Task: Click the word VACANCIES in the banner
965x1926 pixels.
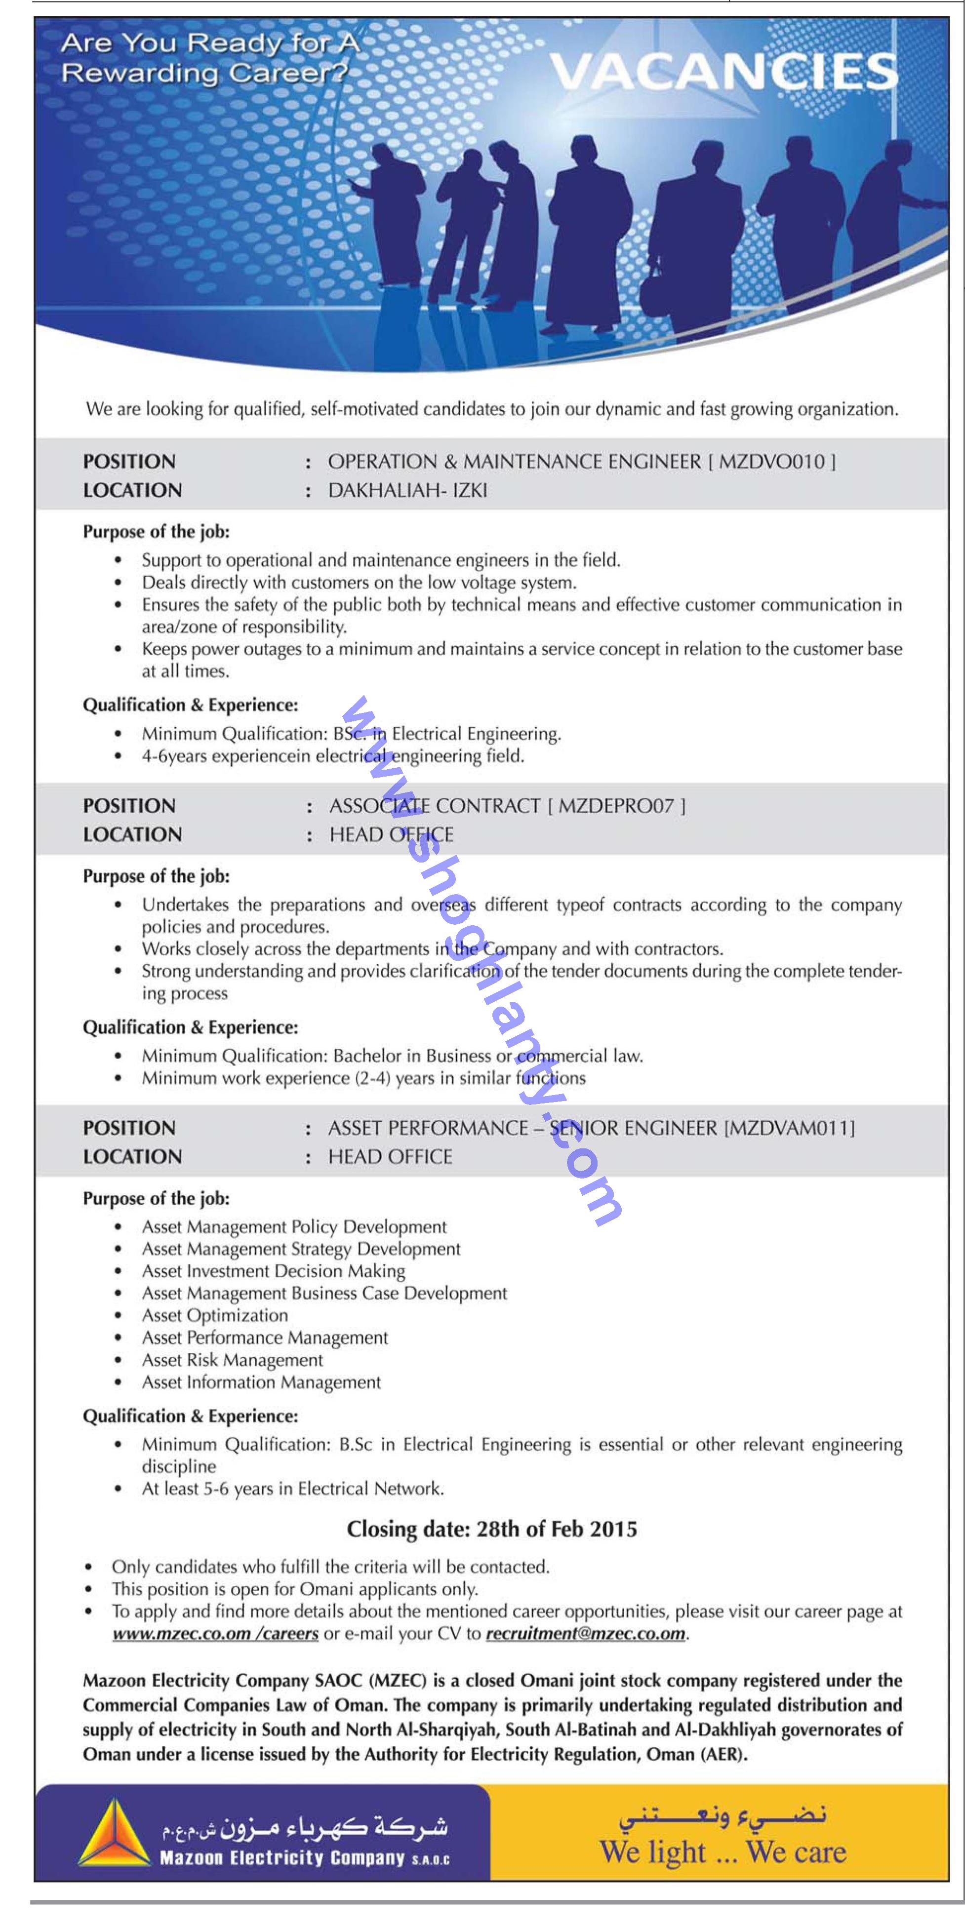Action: (724, 72)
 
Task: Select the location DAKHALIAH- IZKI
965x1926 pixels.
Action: (408, 490)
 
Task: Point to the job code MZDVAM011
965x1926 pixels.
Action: (789, 1128)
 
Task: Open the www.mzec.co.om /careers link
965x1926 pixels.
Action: (215, 1634)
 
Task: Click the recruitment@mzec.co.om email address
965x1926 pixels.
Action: (585, 1634)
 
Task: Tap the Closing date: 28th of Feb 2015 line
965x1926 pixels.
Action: (491, 1529)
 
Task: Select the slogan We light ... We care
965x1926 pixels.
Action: (723, 1851)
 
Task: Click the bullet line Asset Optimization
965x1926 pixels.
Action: (215, 1315)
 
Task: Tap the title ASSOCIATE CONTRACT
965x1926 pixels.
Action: (434, 805)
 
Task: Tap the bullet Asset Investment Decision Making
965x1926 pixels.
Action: (273, 1271)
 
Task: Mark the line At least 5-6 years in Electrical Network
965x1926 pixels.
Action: (292, 1489)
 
